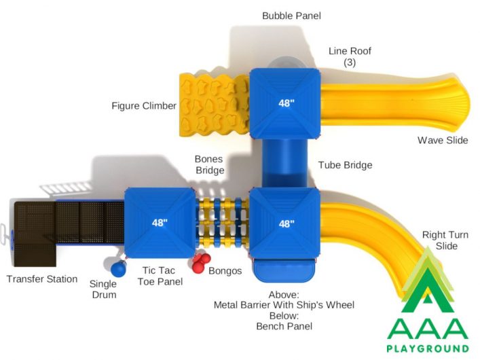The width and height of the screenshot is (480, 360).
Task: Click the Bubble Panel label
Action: pyautogui.click(x=291, y=16)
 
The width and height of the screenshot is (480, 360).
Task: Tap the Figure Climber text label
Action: pyautogui.click(x=144, y=106)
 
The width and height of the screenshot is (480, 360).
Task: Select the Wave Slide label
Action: pyautogui.click(x=443, y=140)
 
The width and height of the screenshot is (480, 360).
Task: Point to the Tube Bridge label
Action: pyautogui.click(x=346, y=165)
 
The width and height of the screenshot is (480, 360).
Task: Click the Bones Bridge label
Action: pyautogui.click(x=210, y=164)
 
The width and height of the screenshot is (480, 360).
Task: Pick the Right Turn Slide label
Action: pyautogui.click(x=445, y=240)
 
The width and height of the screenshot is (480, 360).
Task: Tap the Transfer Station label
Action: pyautogui.click(x=42, y=278)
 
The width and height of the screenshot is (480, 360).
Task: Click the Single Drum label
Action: pyautogui.click(x=103, y=289)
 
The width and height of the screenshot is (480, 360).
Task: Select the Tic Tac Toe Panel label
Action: pyautogui.click(x=160, y=276)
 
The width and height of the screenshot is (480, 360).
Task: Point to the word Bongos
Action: pyautogui.click(x=225, y=271)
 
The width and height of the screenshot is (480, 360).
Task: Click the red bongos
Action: pyautogui.click(x=201, y=263)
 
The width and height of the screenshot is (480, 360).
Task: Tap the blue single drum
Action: pyautogui.click(x=118, y=269)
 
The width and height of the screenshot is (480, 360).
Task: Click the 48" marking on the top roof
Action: pyautogui.click(x=287, y=103)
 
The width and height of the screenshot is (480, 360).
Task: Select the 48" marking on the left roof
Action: pyautogui.click(x=160, y=222)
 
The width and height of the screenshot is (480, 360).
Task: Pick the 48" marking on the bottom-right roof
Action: pyautogui.click(x=287, y=223)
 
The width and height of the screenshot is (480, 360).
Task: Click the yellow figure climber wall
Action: pyautogui.click(x=215, y=105)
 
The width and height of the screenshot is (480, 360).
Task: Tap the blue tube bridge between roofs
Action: pyautogui.click(x=285, y=163)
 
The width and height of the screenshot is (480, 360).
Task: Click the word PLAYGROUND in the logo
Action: pyautogui.click(x=428, y=348)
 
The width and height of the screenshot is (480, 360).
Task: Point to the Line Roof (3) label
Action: pyautogui.click(x=350, y=56)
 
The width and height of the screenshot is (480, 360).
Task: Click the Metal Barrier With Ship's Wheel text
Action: pyautogui.click(x=284, y=305)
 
